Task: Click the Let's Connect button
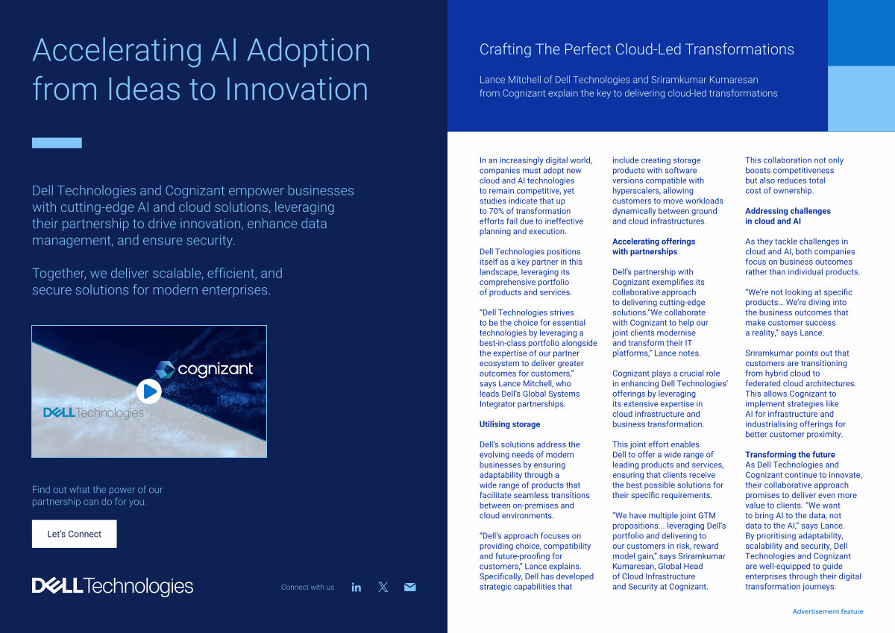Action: click(75, 534)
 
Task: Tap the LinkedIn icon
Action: click(356, 587)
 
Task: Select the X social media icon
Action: click(383, 587)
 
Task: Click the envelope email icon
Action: click(410, 587)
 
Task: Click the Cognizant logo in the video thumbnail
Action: click(204, 369)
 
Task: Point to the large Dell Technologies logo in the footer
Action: click(113, 586)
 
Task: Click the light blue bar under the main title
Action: click(57, 142)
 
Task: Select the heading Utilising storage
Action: click(509, 424)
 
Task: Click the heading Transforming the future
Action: click(790, 455)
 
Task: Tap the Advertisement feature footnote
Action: click(828, 611)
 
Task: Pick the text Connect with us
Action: click(307, 587)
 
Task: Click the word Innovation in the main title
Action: click(297, 89)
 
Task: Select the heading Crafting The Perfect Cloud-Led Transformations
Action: click(636, 49)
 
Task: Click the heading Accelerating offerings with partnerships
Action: click(653, 246)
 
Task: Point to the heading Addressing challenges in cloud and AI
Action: click(788, 216)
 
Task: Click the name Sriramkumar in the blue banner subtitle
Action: click(678, 80)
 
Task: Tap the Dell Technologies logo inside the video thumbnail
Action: click(93, 412)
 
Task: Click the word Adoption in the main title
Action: click(309, 51)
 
